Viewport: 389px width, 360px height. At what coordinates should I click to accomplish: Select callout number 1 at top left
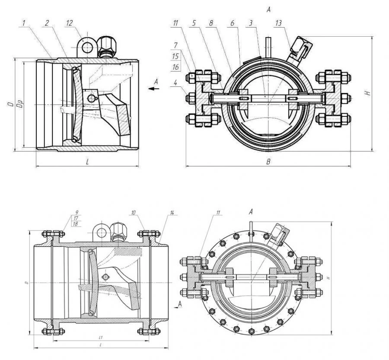coord(26,23)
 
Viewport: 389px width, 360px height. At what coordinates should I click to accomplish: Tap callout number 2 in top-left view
coord(46,23)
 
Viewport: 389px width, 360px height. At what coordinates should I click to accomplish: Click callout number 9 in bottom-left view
coord(76,212)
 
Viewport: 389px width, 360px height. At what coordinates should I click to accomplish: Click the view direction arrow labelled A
coord(151,88)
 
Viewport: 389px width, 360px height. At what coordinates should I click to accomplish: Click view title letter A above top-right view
coord(268,9)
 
